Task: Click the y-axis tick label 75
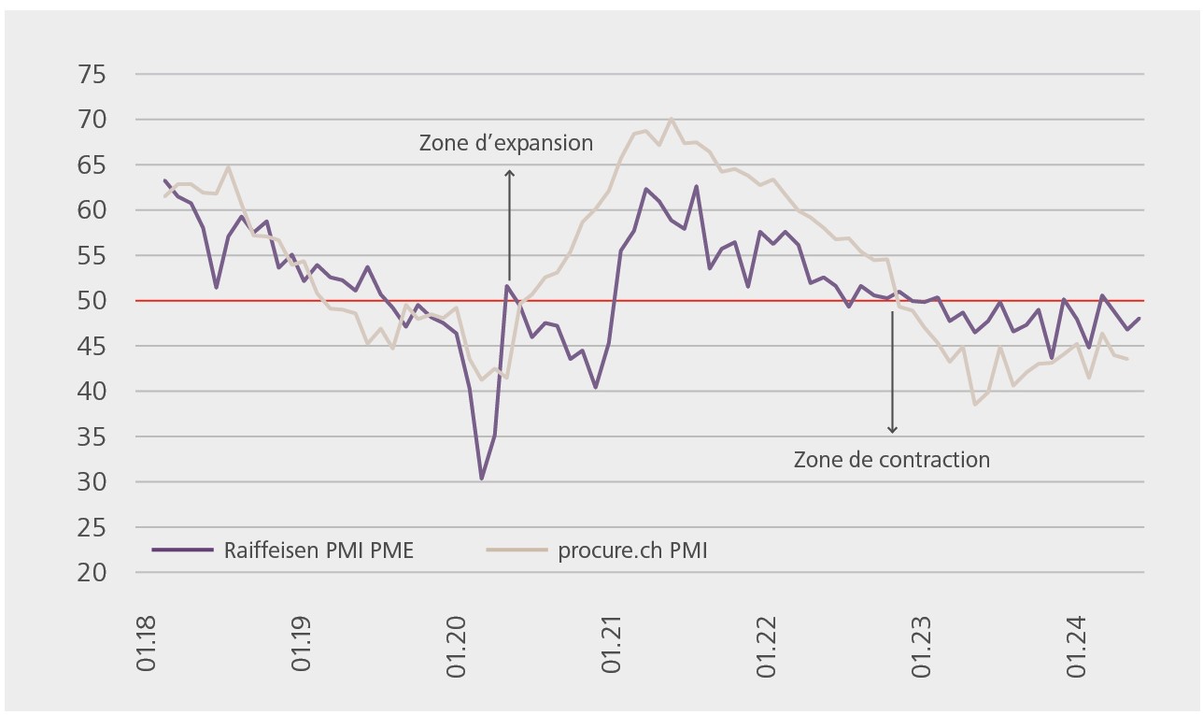[93, 74]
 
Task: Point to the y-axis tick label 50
[93, 301]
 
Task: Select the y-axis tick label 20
[93, 573]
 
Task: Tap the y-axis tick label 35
[93, 437]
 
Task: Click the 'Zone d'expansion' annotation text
[505, 143]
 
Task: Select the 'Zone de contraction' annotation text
[891, 460]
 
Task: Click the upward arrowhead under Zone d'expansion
[509, 173]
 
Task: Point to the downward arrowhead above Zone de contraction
[892, 429]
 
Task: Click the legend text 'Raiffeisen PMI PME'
[318, 551]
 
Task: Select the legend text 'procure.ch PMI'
[632, 551]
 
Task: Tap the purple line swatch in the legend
[182, 551]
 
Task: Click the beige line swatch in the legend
[517, 551]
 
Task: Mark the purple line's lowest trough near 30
[482, 479]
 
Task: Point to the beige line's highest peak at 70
[672, 119]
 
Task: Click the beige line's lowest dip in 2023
[975, 404]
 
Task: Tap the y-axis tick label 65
[93, 164]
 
